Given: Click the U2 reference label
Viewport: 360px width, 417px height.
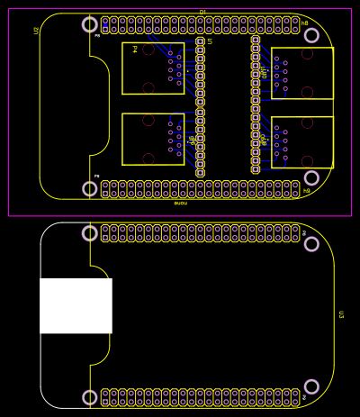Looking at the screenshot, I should [36, 31].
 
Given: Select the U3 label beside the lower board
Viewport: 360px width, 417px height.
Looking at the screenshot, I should [341, 314].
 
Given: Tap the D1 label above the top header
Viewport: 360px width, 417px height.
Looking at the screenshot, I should [202, 12].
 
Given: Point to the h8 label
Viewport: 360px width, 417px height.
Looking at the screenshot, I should [304, 23].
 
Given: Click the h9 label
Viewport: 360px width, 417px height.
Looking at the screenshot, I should [306, 190].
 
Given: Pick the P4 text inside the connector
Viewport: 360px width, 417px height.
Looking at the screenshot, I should [134, 50].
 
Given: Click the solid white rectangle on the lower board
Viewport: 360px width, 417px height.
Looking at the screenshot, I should [76, 305].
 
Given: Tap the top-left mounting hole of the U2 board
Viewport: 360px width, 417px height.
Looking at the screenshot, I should [90, 24].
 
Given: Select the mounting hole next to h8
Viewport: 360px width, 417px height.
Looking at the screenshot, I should [311, 35].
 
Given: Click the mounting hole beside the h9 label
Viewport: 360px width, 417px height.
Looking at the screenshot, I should [311, 178].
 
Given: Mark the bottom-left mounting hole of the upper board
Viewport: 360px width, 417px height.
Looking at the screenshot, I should [90, 188].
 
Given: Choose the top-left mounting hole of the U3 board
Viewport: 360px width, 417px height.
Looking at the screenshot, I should [90, 233].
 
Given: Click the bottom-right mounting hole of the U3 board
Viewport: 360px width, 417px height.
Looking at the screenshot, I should [311, 386].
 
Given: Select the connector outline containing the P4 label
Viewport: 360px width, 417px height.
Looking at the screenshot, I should [153, 68].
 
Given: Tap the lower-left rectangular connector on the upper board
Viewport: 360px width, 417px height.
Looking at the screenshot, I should [153, 140].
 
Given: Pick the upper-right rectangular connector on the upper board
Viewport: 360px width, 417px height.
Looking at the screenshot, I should [302, 73].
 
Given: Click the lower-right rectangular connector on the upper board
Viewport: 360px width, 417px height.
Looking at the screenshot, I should [302, 142].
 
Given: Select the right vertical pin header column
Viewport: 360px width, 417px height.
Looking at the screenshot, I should [256, 104].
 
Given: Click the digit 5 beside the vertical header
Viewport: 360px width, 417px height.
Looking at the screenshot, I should [210, 41].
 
